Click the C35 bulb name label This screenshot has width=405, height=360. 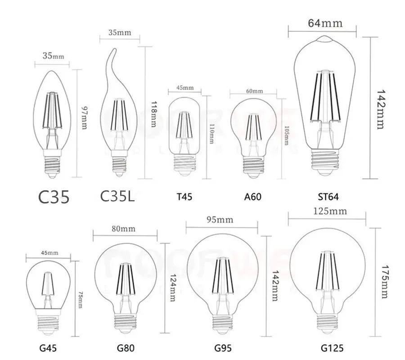pyautogui.click(x=53, y=197)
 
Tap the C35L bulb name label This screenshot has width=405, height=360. pyautogui.click(x=117, y=197)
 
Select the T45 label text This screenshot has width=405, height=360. pyautogui.click(x=183, y=196)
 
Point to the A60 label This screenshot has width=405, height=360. pyautogui.click(x=252, y=196)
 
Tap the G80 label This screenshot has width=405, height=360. pyautogui.click(x=125, y=347)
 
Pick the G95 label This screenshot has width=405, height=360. pyautogui.click(x=222, y=347)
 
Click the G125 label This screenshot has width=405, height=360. pyautogui.click(x=326, y=347)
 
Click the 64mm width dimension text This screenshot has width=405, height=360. pyautogui.click(x=326, y=23)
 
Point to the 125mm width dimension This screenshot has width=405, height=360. pyautogui.click(x=326, y=211)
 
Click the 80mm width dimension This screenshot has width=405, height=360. pyautogui.click(x=125, y=228)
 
